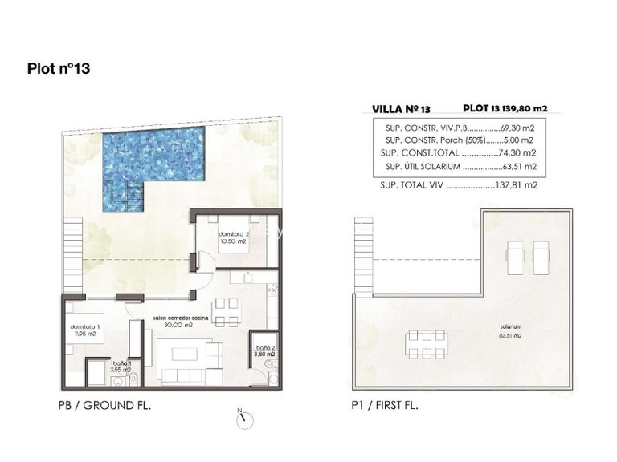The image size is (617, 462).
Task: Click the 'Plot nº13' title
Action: click(58, 68)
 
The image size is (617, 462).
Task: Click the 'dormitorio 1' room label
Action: click(83, 329)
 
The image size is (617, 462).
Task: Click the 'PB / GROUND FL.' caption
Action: click(105, 407)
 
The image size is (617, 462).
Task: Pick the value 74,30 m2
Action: click(518, 152)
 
